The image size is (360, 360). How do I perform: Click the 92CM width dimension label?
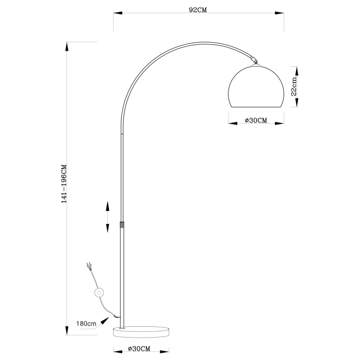[198, 10]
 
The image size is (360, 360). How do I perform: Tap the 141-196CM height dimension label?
[64, 184]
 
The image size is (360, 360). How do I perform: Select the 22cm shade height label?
[294, 87]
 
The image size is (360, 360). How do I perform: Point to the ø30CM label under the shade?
[256, 120]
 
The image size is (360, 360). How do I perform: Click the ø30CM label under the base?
[139, 348]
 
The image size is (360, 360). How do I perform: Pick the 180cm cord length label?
[86, 324]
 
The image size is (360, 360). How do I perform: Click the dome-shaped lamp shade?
[256, 87]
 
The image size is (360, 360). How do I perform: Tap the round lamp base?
[141, 332]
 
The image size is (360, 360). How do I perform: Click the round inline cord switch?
[99, 293]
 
